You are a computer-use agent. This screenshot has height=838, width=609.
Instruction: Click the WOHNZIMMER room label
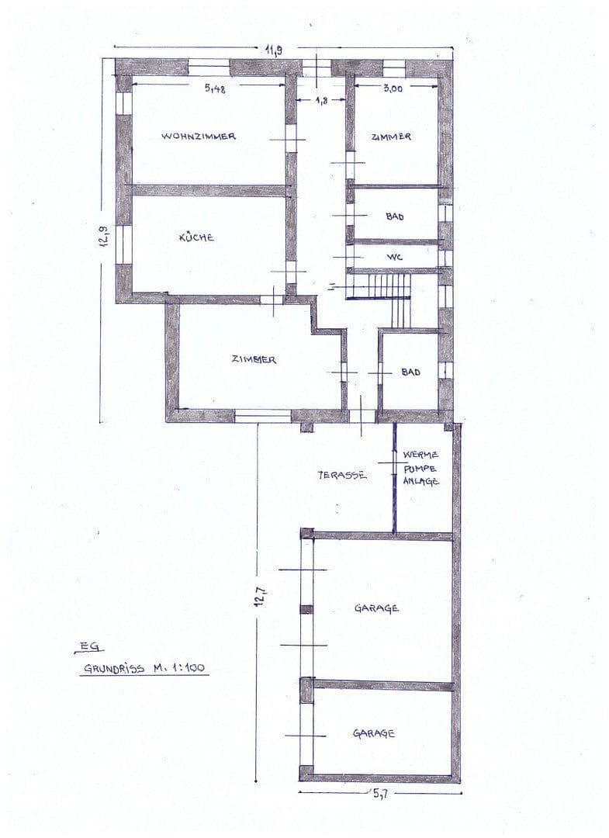(x=199, y=137)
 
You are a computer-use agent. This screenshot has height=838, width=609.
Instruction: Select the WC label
(x=394, y=257)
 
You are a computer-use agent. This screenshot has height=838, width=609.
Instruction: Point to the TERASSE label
(x=341, y=475)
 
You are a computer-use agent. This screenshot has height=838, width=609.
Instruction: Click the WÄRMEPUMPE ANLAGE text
(x=421, y=468)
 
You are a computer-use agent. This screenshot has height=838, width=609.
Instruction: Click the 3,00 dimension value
(x=393, y=88)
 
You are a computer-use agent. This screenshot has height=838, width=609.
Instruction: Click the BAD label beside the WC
(x=395, y=216)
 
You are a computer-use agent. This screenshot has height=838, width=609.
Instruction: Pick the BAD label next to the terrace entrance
(x=410, y=372)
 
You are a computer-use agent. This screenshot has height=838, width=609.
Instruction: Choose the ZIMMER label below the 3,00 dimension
(x=391, y=137)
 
